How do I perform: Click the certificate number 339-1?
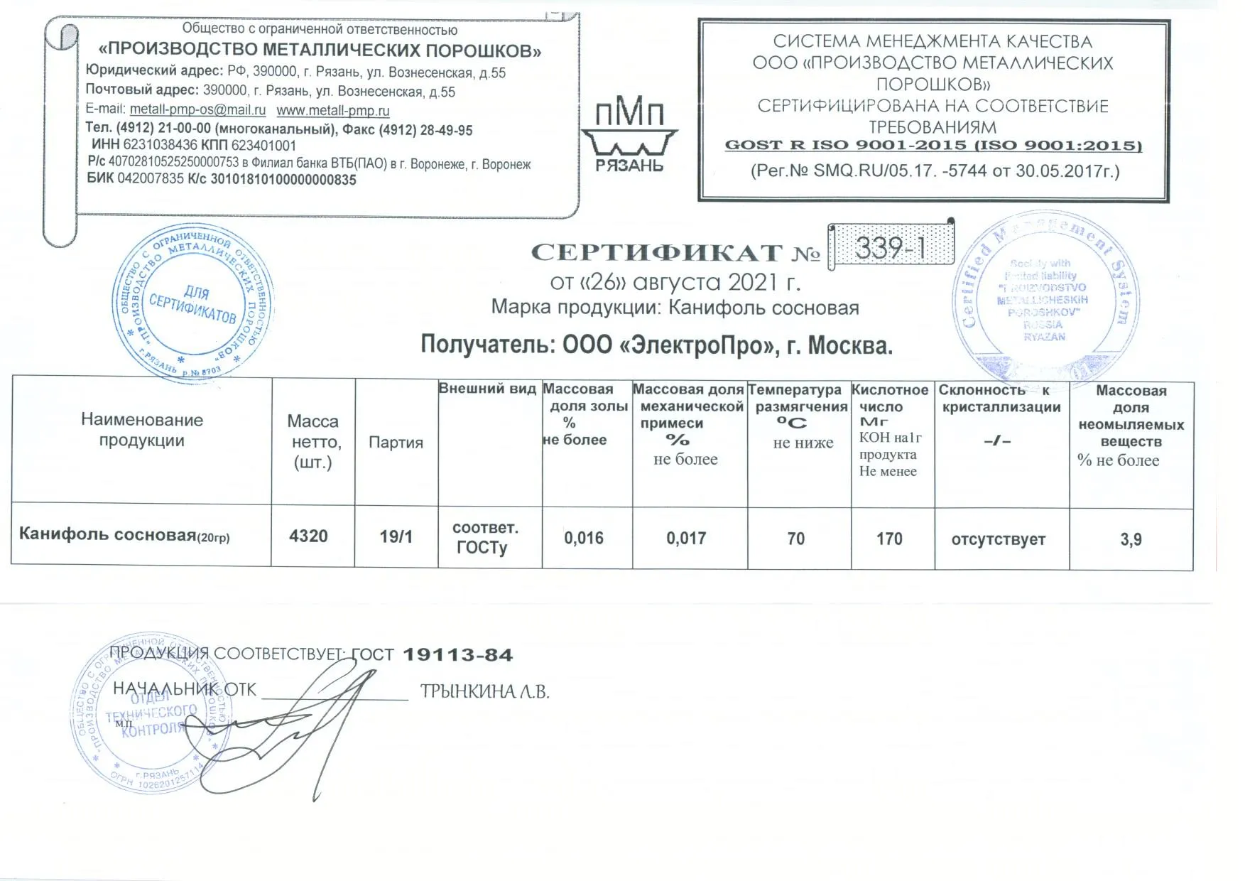click(891, 247)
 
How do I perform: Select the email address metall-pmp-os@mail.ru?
click(197, 110)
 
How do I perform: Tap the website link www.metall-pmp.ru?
click(333, 111)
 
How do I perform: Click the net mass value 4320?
click(308, 536)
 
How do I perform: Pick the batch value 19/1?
click(396, 536)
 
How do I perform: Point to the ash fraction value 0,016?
click(584, 539)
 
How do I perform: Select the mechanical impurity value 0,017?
click(686, 539)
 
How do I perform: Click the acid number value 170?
click(889, 539)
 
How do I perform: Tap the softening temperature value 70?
click(796, 539)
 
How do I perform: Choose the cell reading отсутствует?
click(998, 540)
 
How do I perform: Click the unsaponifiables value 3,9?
click(1131, 540)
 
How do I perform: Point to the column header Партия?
click(396, 443)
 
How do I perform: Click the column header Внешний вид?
click(487, 389)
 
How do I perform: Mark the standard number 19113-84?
click(457, 655)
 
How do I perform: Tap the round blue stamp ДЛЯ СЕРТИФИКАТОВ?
click(192, 304)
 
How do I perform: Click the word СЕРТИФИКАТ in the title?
click(657, 253)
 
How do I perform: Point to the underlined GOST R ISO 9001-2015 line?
click(933, 146)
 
